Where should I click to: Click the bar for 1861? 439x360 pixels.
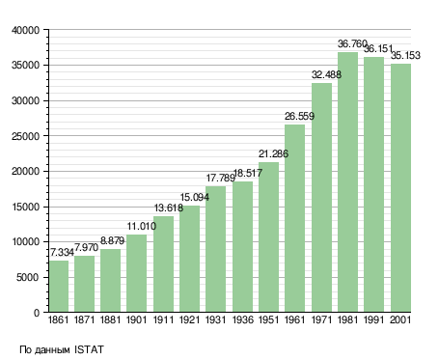tap(59, 286)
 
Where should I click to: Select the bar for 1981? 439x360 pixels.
tap(347, 181)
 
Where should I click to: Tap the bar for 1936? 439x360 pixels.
tap(242, 247)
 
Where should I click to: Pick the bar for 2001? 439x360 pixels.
tap(400, 188)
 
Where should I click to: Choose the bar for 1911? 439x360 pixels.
tap(163, 263)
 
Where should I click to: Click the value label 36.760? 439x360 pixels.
tap(352, 43)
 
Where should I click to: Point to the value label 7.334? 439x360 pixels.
tap(62, 252)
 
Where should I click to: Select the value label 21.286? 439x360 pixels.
tap(273, 153)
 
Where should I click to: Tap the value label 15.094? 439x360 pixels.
tap(195, 197)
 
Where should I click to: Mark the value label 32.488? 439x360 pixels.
tap(326, 74)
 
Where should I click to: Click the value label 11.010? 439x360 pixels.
tap(142, 226)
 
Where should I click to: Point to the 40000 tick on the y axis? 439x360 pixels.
tap(25, 30)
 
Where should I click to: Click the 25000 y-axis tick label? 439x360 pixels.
tap(25, 136)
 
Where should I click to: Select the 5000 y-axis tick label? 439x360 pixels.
tap(28, 277)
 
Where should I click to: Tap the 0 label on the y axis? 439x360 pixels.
tap(37, 313)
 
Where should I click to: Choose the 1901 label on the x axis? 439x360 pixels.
tap(136, 319)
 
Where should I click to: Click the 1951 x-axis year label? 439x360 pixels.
tap(268, 319)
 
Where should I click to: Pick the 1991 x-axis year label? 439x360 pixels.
tap(374, 319)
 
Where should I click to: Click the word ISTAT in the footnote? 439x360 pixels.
tap(89, 349)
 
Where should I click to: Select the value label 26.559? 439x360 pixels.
tap(299, 116)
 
